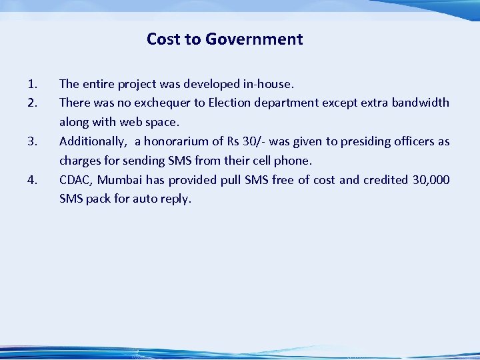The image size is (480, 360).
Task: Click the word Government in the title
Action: click(254, 39)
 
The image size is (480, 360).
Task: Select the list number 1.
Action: click(32, 84)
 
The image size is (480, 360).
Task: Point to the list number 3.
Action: click(32, 141)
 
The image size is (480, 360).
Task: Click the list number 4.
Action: click(32, 180)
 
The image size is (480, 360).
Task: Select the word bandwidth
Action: click(420, 103)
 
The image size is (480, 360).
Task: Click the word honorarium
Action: click(179, 141)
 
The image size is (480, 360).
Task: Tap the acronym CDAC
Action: click(75, 180)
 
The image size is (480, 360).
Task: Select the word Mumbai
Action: click(120, 180)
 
